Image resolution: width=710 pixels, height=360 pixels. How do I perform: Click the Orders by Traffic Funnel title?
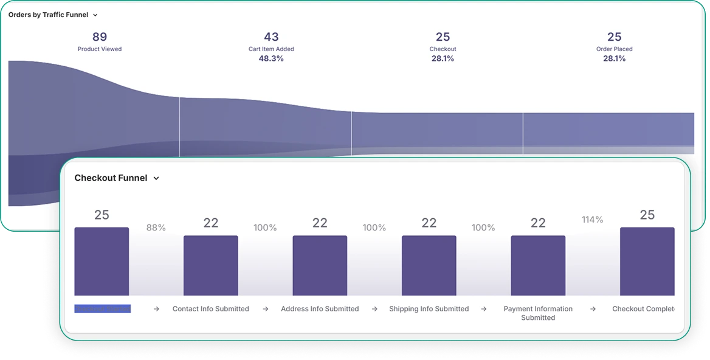pyautogui.click(x=48, y=15)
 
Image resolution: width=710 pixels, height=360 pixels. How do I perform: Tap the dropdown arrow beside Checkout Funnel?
pyautogui.click(x=156, y=179)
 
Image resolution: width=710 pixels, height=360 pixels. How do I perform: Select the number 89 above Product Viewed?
pyautogui.click(x=100, y=37)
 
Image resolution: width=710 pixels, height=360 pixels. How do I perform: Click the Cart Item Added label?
pyautogui.click(x=271, y=49)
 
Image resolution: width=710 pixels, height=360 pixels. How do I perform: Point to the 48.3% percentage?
pyautogui.click(x=271, y=58)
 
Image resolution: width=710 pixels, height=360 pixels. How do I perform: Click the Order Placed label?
pyautogui.click(x=614, y=49)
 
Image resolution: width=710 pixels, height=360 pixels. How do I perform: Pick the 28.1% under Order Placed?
pyautogui.click(x=614, y=58)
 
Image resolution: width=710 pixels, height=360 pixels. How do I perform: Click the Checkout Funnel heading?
pyautogui.click(x=111, y=178)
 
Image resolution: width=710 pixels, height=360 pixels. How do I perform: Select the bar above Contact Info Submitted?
pyautogui.click(x=210, y=265)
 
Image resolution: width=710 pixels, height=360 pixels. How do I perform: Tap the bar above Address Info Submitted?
pyautogui.click(x=320, y=265)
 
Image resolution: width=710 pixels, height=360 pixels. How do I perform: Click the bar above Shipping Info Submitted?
pyautogui.click(x=429, y=265)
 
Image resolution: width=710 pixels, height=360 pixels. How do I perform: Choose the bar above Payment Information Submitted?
pyautogui.click(x=538, y=265)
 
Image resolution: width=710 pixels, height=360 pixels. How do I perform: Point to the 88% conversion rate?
pyautogui.click(x=156, y=227)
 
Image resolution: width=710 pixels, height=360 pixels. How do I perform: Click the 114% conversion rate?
pyautogui.click(x=592, y=220)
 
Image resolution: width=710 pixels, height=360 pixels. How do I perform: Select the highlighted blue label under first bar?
pyautogui.click(x=102, y=309)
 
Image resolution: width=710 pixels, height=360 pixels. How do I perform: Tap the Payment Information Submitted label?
pyautogui.click(x=538, y=313)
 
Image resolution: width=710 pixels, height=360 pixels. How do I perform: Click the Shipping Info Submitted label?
pyautogui.click(x=429, y=309)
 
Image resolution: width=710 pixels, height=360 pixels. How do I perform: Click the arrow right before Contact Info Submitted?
pyautogui.click(x=156, y=309)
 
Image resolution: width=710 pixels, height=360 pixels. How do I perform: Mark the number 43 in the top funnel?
pyautogui.click(x=271, y=37)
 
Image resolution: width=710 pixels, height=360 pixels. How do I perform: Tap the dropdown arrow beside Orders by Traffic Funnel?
pyautogui.click(x=95, y=15)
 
